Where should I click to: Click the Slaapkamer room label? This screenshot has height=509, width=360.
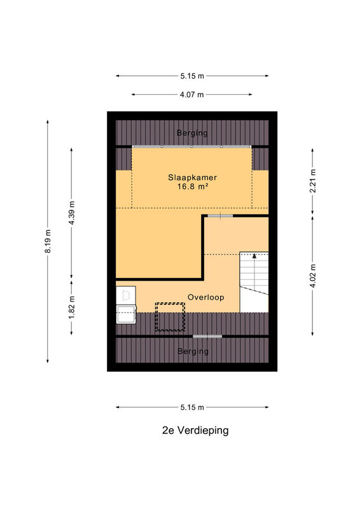(192, 178)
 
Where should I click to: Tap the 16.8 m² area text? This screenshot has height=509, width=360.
(193, 186)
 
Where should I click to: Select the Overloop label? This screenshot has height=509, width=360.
(206, 297)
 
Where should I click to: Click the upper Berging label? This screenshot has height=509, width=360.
(192, 133)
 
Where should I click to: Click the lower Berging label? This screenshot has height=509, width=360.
(193, 351)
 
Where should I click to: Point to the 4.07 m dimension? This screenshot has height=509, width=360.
(192, 94)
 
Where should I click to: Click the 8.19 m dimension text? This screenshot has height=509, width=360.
(48, 241)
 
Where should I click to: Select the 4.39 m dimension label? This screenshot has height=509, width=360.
(71, 213)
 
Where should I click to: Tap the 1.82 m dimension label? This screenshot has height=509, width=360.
(71, 307)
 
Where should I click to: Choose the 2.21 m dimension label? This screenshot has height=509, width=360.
(312, 181)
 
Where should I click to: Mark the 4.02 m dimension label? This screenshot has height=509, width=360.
(312, 276)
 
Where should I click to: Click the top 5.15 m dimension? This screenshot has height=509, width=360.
(192, 76)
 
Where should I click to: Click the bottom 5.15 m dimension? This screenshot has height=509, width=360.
(192, 407)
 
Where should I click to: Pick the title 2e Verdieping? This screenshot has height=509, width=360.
(195, 431)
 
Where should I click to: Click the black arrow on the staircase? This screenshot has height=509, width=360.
(254, 256)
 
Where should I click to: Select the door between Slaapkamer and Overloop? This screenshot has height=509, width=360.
(221, 216)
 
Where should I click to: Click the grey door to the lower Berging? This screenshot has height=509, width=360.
(207, 337)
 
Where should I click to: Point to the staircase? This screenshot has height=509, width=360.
(254, 282)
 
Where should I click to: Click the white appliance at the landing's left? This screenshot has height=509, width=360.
(126, 305)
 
